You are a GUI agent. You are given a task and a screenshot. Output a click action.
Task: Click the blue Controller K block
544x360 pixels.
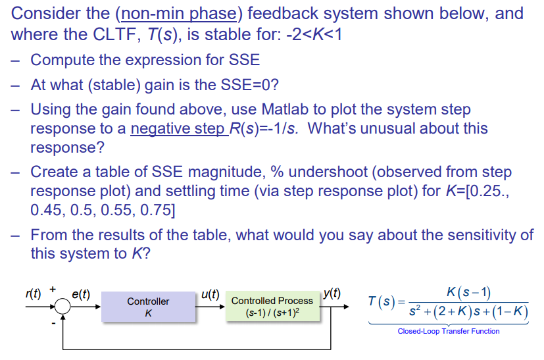coord(148,307)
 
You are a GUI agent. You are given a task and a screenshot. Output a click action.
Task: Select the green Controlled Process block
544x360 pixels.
coord(272,307)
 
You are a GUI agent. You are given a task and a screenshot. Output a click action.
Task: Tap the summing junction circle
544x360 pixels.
coord(62,307)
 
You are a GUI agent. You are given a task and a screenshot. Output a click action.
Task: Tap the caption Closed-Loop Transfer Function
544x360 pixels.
coord(448,331)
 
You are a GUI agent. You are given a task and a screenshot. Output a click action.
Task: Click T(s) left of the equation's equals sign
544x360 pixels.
coord(382,301)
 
